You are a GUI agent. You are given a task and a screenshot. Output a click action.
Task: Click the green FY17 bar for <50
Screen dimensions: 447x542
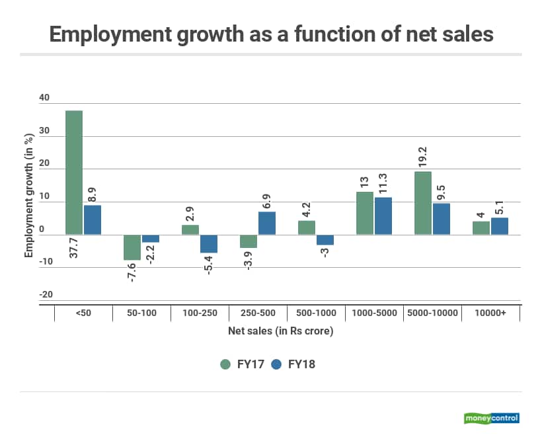click(x=74, y=173)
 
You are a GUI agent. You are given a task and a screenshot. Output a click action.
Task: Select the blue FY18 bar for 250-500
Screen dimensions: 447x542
click(x=266, y=223)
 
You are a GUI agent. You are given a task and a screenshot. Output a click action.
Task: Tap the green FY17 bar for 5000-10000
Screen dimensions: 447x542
click(x=423, y=203)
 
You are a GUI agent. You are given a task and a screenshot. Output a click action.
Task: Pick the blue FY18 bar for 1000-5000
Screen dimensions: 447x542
click(x=383, y=216)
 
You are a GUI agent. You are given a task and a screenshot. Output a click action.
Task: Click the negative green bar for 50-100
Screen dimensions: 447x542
click(x=132, y=247)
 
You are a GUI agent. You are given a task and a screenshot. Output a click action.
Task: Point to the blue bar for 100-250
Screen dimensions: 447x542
click(x=208, y=243)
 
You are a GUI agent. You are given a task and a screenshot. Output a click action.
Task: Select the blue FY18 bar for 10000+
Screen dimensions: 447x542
click(x=499, y=226)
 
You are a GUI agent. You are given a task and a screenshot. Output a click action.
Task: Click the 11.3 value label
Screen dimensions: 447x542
click(x=383, y=183)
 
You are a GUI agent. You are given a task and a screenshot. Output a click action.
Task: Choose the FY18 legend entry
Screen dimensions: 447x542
click(x=293, y=364)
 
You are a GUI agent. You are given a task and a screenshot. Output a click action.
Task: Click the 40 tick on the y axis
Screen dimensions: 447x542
click(x=44, y=98)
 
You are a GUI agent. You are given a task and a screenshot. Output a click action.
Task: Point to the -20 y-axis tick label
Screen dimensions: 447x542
click(x=44, y=295)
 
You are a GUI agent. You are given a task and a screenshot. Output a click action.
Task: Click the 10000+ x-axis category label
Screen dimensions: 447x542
click(x=490, y=313)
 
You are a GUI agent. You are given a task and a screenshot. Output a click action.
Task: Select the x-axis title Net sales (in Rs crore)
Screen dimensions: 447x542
click(x=280, y=331)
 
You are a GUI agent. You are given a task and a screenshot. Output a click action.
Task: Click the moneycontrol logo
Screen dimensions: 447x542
click(x=492, y=418)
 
